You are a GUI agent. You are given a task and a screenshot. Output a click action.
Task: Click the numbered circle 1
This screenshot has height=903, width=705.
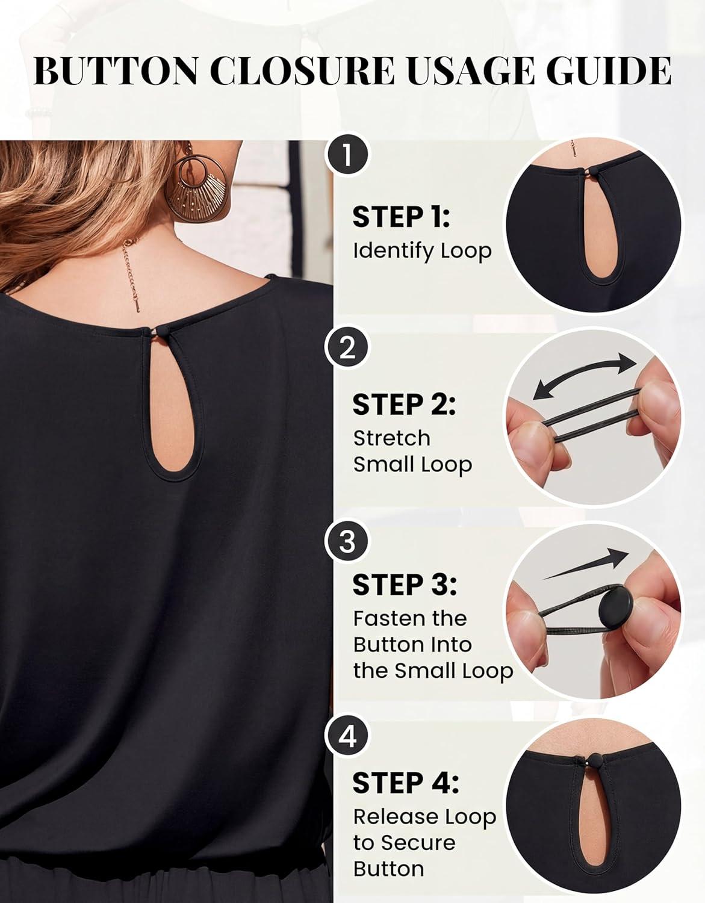pyautogui.click(x=346, y=156)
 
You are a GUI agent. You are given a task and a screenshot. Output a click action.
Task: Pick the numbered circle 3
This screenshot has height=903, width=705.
pyautogui.click(x=346, y=542)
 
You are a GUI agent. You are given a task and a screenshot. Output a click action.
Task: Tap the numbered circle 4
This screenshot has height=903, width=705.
pyautogui.click(x=346, y=736)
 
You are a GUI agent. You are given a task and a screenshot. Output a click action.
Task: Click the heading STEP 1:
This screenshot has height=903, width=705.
pyautogui.click(x=402, y=217)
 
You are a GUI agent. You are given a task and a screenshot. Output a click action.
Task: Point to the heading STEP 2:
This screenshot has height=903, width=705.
pyautogui.click(x=404, y=405)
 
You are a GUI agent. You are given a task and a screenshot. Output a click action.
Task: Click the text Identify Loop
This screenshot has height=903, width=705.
pyautogui.click(x=422, y=252)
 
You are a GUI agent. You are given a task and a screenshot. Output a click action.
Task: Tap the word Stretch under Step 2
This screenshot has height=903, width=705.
pyautogui.click(x=392, y=438)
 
